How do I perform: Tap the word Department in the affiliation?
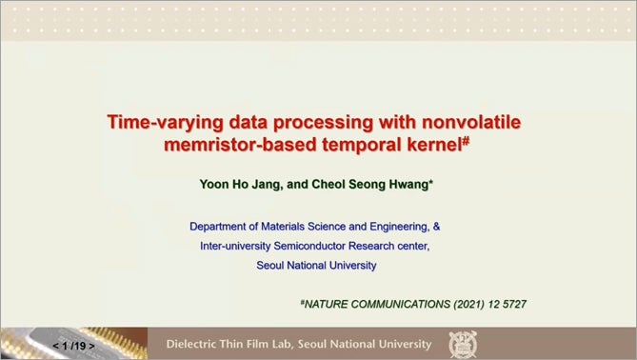click(x=220, y=227)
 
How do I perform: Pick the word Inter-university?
click(x=238, y=246)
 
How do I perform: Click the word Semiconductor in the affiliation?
click(x=317, y=246)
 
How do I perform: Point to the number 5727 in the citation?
click(x=511, y=304)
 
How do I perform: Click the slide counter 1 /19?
click(x=73, y=345)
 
